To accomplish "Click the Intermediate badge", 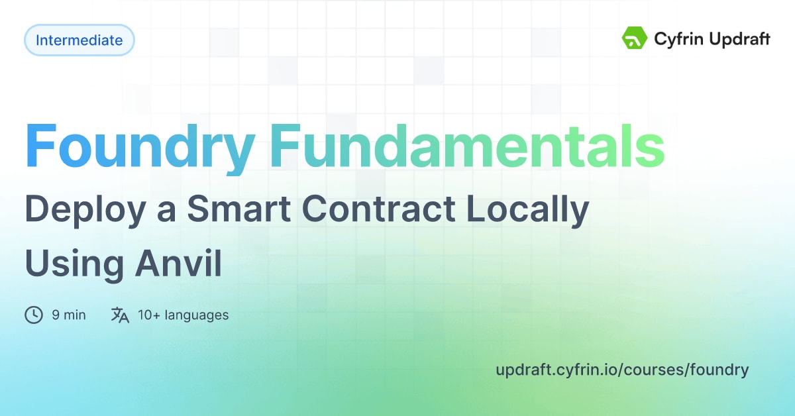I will point(79,40).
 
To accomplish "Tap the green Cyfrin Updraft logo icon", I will point(635,38).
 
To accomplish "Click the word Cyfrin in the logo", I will point(676,39).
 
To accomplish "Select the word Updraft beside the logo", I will point(737,39).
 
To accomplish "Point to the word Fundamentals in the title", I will point(466,147).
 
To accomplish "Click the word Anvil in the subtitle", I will point(178,264).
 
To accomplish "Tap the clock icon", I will point(34,315).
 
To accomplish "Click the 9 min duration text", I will point(68,315).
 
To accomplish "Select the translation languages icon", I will point(120,315).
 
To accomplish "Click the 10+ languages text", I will point(183,315).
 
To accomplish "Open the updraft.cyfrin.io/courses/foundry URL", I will point(621,370).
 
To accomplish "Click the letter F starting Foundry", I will point(40,147).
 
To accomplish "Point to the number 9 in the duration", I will point(56,315).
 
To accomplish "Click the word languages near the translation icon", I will point(197,315).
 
